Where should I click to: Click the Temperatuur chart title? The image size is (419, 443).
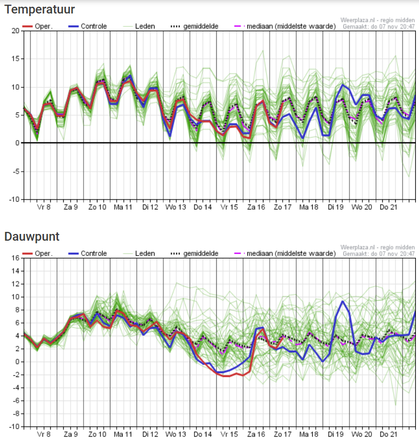tap(39, 9)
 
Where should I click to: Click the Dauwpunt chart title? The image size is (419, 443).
tap(32, 237)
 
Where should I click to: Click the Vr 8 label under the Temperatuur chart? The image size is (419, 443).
tap(44, 207)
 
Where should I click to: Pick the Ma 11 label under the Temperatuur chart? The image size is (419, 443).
tap(123, 207)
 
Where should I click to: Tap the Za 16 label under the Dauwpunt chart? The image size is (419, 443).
tap(257, 434)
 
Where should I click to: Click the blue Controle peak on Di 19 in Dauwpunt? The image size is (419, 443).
tap(343, 301)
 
